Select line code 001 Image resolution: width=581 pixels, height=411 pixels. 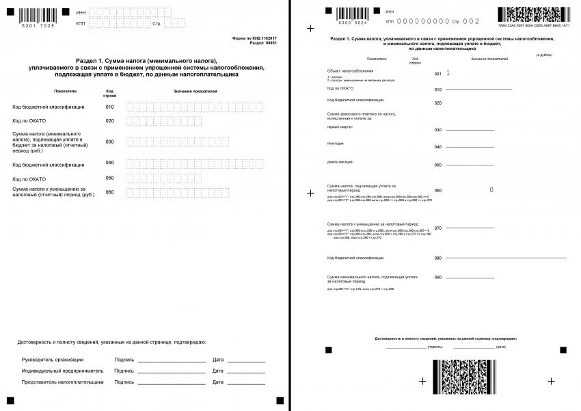pos(437,73)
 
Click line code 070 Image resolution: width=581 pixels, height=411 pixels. pos(437,228)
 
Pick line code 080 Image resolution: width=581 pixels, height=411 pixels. pos(437,258)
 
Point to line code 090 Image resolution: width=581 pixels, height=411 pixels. pos(437,277)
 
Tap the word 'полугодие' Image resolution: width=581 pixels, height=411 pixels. pos(336,143)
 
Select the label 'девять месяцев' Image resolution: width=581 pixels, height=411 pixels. pos(340,161)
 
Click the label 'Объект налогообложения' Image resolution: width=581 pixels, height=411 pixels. pos(351,71)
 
